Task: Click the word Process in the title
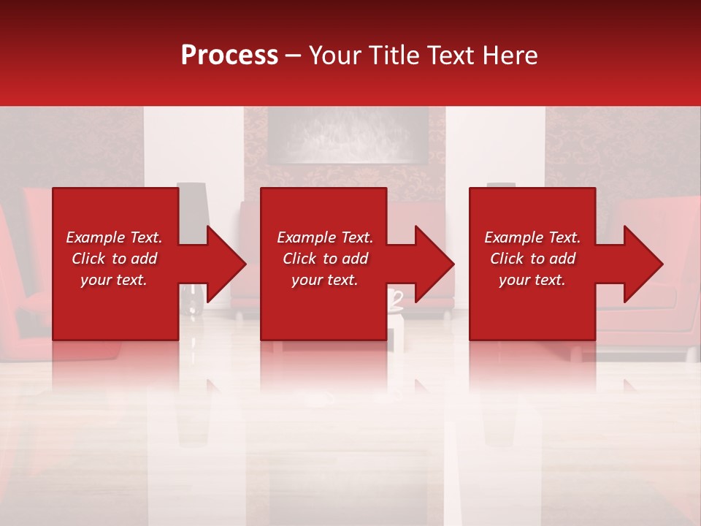(x=229, y=55)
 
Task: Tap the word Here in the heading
(x=510, y=55)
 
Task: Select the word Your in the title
(x=335, y=55)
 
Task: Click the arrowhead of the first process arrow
(x=226, y=264)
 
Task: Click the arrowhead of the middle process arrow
(x=434, y=264)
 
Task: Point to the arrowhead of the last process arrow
(x=643, y=264)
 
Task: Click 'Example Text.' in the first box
(x=114, y=237)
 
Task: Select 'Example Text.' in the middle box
(x=325, y=237)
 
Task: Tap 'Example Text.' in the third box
(x=532, y=237)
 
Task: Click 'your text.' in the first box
(x=114, y=280)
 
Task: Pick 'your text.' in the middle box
(x=325, y=280)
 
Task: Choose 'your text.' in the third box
(x=532, y=280)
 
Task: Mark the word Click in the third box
(x=507, y=259)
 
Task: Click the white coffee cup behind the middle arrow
(x=395, y=299)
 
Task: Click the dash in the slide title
(x=294, y=56)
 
